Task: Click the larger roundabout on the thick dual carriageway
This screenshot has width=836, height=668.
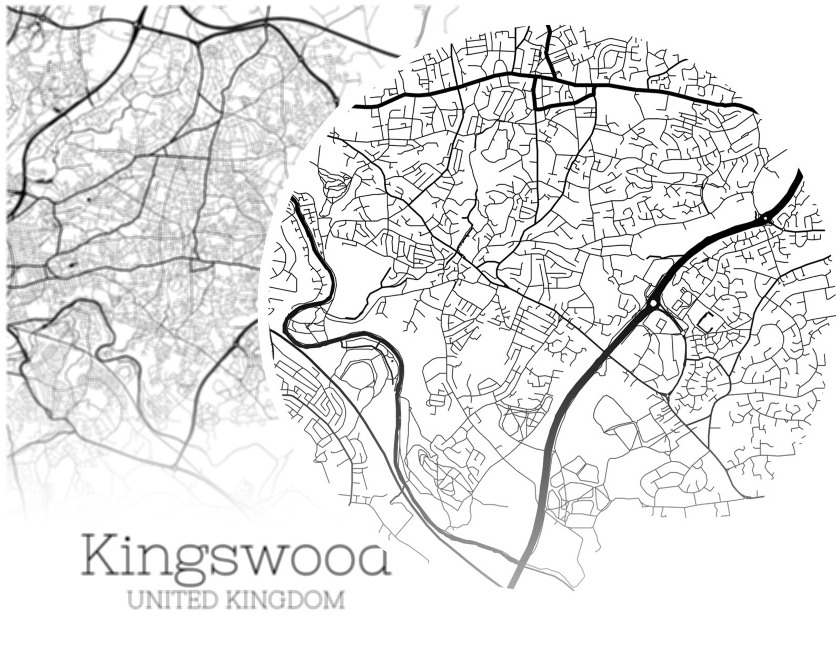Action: pyautogui.click(x=653, y=303)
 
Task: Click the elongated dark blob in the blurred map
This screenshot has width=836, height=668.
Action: pyautogui.click(x=70, y=265)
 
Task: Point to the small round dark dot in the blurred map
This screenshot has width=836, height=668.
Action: pyautogui.click(x=88, y=200)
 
